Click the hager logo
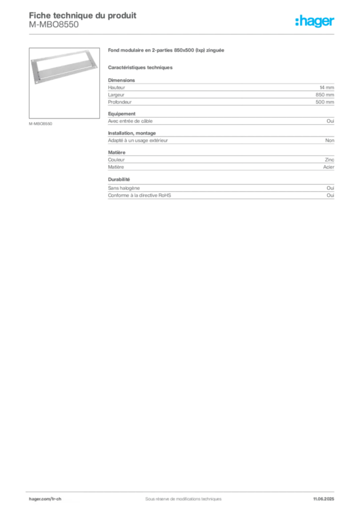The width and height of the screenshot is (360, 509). [x=315, y=21]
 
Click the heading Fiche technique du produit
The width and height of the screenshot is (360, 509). [x=83, y=15]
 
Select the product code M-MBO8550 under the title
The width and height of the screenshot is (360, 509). [x=54, y=25]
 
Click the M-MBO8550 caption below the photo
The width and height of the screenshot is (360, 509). [x=41, y=124]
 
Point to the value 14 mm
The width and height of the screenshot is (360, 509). [x=327, y=87]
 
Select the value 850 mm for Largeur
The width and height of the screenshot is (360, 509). [x=325, y=95]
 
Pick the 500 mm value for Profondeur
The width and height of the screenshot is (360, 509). [x=325, y=102]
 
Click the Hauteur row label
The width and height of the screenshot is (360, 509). [x=116, y=87]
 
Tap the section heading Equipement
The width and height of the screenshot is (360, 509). [x=122, y=114]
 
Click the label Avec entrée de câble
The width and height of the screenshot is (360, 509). [x=130, y=121]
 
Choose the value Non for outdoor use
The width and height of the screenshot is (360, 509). [x=330, y=141]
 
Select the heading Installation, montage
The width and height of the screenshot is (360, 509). [x=132, y=133]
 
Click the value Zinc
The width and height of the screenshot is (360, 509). [x=330, y=160]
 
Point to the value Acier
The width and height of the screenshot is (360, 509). [x=329, y=167]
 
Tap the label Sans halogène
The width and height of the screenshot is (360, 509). [x=124, y=188]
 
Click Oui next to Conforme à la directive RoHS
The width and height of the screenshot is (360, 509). [x=330, y=195]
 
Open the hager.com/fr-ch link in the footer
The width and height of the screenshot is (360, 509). [x=45, y=499]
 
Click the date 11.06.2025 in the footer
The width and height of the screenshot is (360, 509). [x=324, y=499]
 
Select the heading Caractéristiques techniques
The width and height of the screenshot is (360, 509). [x=140, y=68]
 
